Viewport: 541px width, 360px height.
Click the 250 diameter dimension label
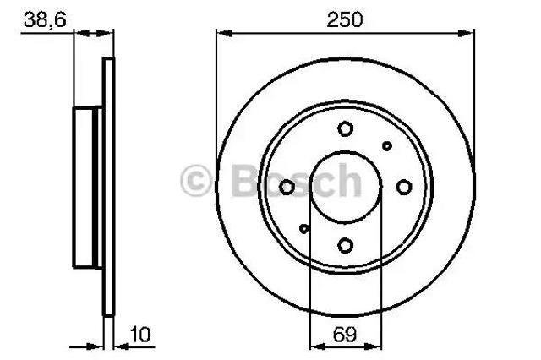click(x=345, y=19)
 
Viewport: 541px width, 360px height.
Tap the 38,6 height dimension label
click(x=45, y=19)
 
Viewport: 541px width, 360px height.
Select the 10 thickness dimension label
click(x=140, y=335)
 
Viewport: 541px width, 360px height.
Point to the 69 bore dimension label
click(x=345, y=334)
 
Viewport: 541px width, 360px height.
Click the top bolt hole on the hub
click(x=346, y=129)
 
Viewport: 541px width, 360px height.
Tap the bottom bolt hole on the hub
click(x=346, y=246)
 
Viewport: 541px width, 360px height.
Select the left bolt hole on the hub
click(x=287, y=188)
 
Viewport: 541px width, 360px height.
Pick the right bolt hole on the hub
click(x=404, y=188)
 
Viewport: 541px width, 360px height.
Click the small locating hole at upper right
click(x=387, y=146)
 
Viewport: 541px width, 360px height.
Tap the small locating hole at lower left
click(x=304, y=228)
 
